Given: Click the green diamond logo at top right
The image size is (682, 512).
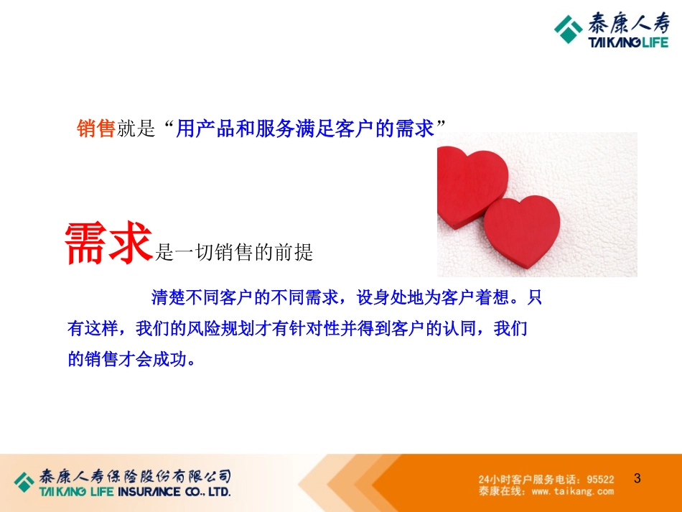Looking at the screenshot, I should (569, 29).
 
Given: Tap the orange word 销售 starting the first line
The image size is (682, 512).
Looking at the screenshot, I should (95, 129).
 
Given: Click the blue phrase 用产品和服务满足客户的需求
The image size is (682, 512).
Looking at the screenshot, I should (305, 129).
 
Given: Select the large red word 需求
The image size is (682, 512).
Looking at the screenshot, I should (109, 243).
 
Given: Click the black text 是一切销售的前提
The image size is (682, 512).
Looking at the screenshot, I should (234, 252).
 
